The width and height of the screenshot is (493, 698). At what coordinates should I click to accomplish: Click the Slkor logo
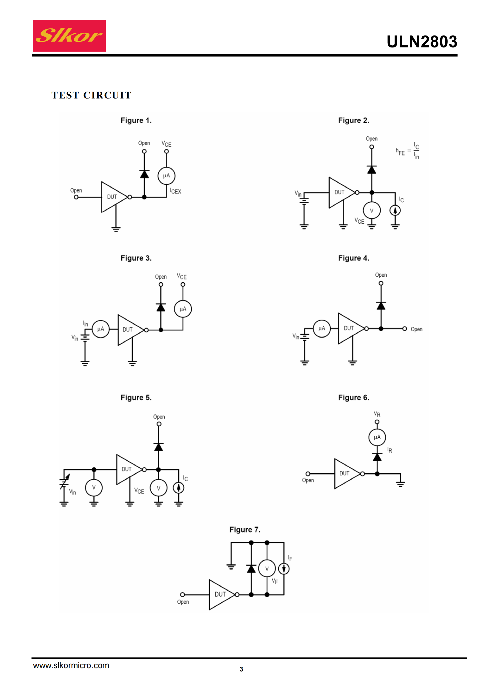click(x=69, y=36)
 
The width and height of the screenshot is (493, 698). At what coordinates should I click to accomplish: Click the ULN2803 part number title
click(x=422, y=42)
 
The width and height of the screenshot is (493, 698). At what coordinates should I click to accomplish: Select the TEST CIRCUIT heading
click(x=92, y=95)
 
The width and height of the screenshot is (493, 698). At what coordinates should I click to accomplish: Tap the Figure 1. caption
click(x=136, y=120)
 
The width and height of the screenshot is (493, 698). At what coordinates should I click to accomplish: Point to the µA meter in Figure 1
click(x=166, y=176)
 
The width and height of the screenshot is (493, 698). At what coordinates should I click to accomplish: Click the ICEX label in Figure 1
click(x=176, y=191)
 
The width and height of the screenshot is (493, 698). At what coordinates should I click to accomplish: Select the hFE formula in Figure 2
click(x=408, y=150)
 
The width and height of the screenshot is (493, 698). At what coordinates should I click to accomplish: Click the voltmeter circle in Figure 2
click(x=372, y=210)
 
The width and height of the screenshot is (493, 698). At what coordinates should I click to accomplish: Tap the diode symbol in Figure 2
click(x=372, y=170)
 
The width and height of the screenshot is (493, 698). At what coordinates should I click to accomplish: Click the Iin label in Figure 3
click(x=86, y=323)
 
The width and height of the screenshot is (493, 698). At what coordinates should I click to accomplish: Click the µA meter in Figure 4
click(x=322, y=328)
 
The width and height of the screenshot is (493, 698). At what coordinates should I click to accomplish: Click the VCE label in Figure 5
click(x=139, y=491)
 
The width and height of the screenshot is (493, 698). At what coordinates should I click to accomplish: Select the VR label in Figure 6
click(x=377, y=414)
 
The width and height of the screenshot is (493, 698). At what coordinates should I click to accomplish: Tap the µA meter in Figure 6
click(x=377, y=437)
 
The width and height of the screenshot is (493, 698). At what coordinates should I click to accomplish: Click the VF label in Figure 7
click(x=275, y=581)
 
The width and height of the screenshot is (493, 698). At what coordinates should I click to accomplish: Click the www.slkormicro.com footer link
click(x=71, y=665)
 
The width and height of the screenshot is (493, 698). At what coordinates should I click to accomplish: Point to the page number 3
click(x=241, y=669)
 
